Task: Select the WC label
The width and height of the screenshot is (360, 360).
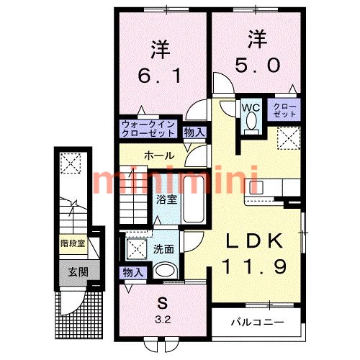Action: pyautogui.click(x=250, y=107)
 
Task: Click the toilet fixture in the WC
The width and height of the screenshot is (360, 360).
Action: pyautogui.click(x=250, y=122)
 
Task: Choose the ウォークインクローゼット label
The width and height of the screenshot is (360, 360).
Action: pyautogui.click(x=148, y=128)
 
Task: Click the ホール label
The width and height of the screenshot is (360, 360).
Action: pyautogui.click(x=158, y=156)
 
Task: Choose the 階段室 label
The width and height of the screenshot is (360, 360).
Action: pyautogui.click(x=73, y=243)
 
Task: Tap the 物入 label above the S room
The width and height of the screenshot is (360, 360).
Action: pyautogui.click(x=132, y=272)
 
